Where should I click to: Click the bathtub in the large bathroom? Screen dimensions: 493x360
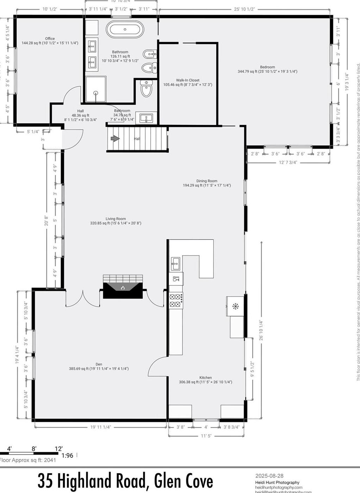point(125,29)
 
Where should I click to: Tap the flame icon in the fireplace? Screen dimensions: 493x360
point(123,288)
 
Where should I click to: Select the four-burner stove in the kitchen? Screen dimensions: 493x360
point(176,300)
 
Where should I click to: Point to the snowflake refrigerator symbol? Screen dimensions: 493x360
point(235,306)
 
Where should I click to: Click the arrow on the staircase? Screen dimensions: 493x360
point(115,139)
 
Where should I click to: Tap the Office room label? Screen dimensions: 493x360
point(50,39)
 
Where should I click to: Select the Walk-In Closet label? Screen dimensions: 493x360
point(188,80)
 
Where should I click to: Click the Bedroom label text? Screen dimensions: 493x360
point(267,67)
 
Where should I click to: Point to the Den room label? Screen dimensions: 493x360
point(99,364)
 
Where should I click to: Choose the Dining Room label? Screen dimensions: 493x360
point(207,181)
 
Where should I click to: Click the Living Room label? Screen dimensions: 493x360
point(116,219)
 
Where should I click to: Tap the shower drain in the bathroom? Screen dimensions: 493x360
point(95,93)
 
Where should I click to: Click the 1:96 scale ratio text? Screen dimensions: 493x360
point(67,455)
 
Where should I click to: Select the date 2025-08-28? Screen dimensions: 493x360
point(266,476)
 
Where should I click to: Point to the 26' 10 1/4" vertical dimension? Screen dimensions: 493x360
point(261,330)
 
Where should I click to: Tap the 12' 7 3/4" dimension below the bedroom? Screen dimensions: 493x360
point(288,162)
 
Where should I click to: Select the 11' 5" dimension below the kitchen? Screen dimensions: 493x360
point(206,436)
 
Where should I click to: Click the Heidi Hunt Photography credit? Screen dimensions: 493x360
point(277,482)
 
